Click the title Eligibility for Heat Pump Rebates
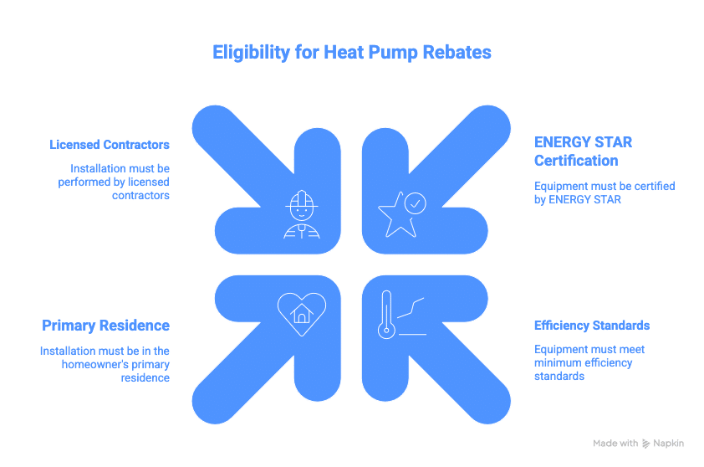(351, 53)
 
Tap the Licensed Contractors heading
(110, 145)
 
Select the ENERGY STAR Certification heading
(583, 151)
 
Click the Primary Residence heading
(106, 326)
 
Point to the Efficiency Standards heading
(592, 326)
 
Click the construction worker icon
(301, 215)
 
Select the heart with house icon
(301, 312)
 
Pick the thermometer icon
(386, 314)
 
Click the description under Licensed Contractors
(120, 182)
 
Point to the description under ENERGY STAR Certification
(604, 192)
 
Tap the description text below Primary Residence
(105, 364)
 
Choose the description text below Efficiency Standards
(589, 362)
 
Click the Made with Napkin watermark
(638, 443)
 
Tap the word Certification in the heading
(576, 161)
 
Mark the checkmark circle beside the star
(415, 203)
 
